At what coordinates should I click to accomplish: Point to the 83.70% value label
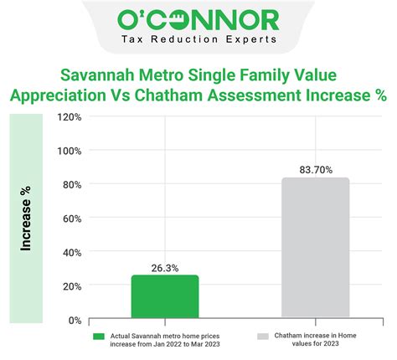tap(316, 170)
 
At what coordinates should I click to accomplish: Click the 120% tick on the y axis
tap(70, 116)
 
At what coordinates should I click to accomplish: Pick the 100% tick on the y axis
tap(70, 151)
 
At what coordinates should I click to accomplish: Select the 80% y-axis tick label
tap(71, 184)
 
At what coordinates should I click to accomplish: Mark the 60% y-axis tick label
tap(71, 219)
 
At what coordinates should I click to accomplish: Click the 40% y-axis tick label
tap(71, 252)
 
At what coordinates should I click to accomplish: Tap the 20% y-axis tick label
tap(71, 286)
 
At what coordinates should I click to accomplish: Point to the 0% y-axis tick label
tap(74, 320)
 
